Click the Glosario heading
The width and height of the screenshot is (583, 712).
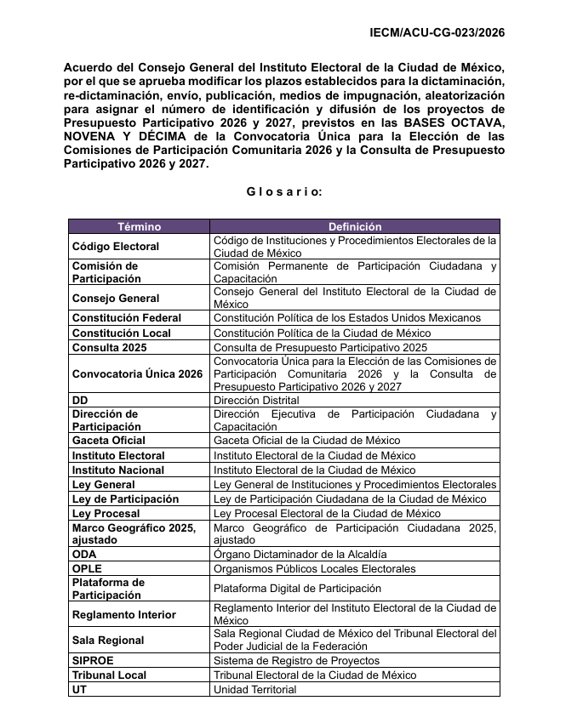[x=284, y=191]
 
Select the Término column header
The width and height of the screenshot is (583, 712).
[x=139, y=227]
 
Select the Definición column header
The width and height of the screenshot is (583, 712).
[x=355, y=227]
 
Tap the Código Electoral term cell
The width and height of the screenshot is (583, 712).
[x=116, y=247]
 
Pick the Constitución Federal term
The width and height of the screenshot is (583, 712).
[x=126, y=318]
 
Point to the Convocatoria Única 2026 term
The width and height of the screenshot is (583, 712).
[x=137, y=373]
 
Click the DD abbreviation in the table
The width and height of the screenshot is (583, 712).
[x=81, y=400]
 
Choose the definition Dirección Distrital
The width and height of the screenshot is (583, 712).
[x=256, y=400]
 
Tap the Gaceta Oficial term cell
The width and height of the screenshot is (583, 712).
[x=108, y=441]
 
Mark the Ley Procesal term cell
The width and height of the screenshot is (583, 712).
[x=106, y=514]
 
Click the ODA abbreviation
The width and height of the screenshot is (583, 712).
[x=84, y=554]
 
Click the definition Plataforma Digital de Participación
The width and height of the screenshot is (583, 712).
[x=296, y=589]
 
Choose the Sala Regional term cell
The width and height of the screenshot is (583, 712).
[x=108, y=640]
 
